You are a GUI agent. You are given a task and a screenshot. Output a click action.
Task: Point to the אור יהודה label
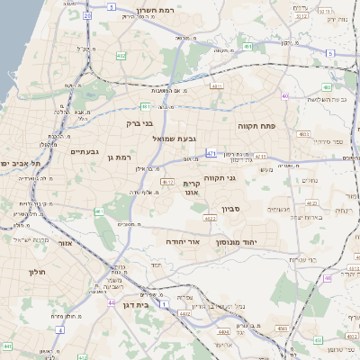tap(196, 242)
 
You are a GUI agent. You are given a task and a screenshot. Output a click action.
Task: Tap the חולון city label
tap(37, 271)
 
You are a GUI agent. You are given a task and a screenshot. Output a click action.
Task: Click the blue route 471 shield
tap(211, 154)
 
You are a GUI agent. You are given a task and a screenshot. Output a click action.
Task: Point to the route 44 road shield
tap(111, 302)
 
